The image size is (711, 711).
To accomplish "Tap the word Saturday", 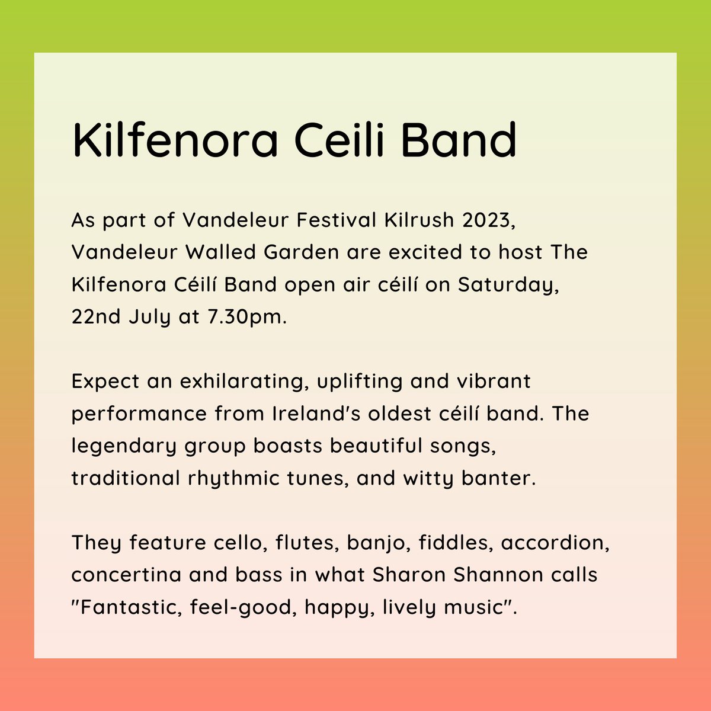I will coord(508,284).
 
